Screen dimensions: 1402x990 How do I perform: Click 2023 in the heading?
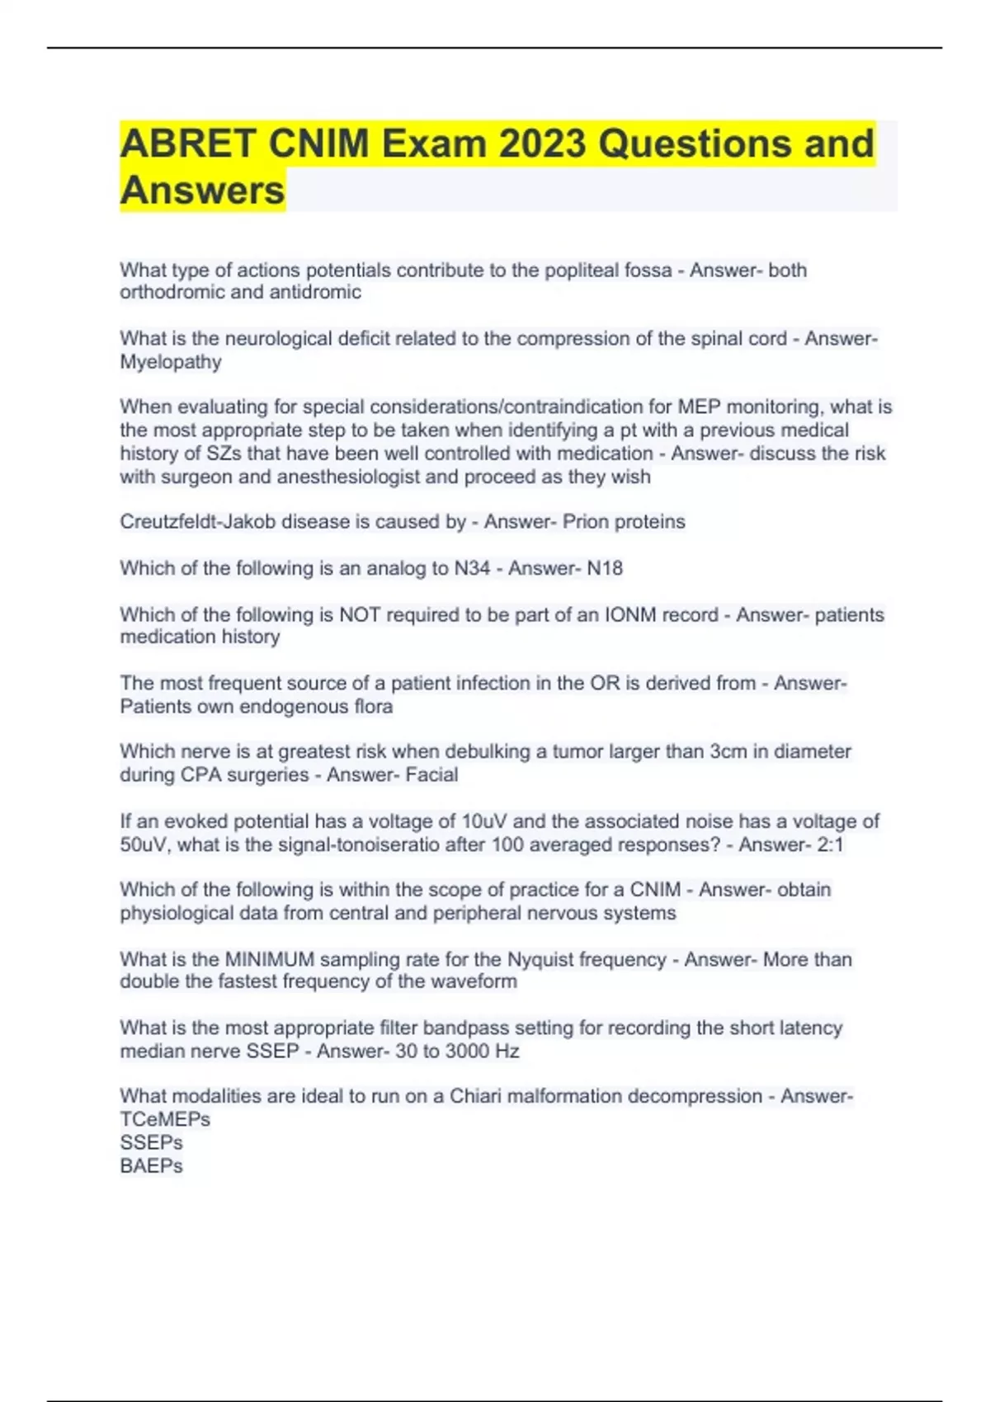pyautogui.click(x=542, y=143)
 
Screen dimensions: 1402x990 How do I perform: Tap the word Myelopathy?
pyautogui.click(x=171, y=362)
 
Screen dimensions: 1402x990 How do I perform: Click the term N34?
pyautogui.click(x=472, y=568)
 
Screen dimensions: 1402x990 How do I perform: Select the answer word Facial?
pyautogui.click(x=431, y=775)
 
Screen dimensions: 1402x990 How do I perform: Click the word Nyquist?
pyautogui.click(x=540, y=959)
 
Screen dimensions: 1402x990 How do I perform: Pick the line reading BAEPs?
pyautogui.click(x=151, y=1166)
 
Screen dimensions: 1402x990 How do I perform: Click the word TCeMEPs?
pyautogui.click(x=165, y=1119)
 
